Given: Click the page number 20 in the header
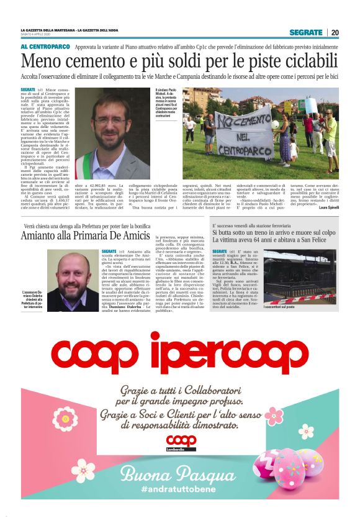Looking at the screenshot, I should [x=335, y=32].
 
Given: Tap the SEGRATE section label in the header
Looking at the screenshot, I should [x=306, y=32].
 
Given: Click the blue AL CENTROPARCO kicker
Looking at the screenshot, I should [x=44, y=47].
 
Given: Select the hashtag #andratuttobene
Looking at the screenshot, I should [x=180, y=490].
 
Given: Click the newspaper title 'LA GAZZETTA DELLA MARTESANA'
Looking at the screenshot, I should [x=47, y=30].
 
